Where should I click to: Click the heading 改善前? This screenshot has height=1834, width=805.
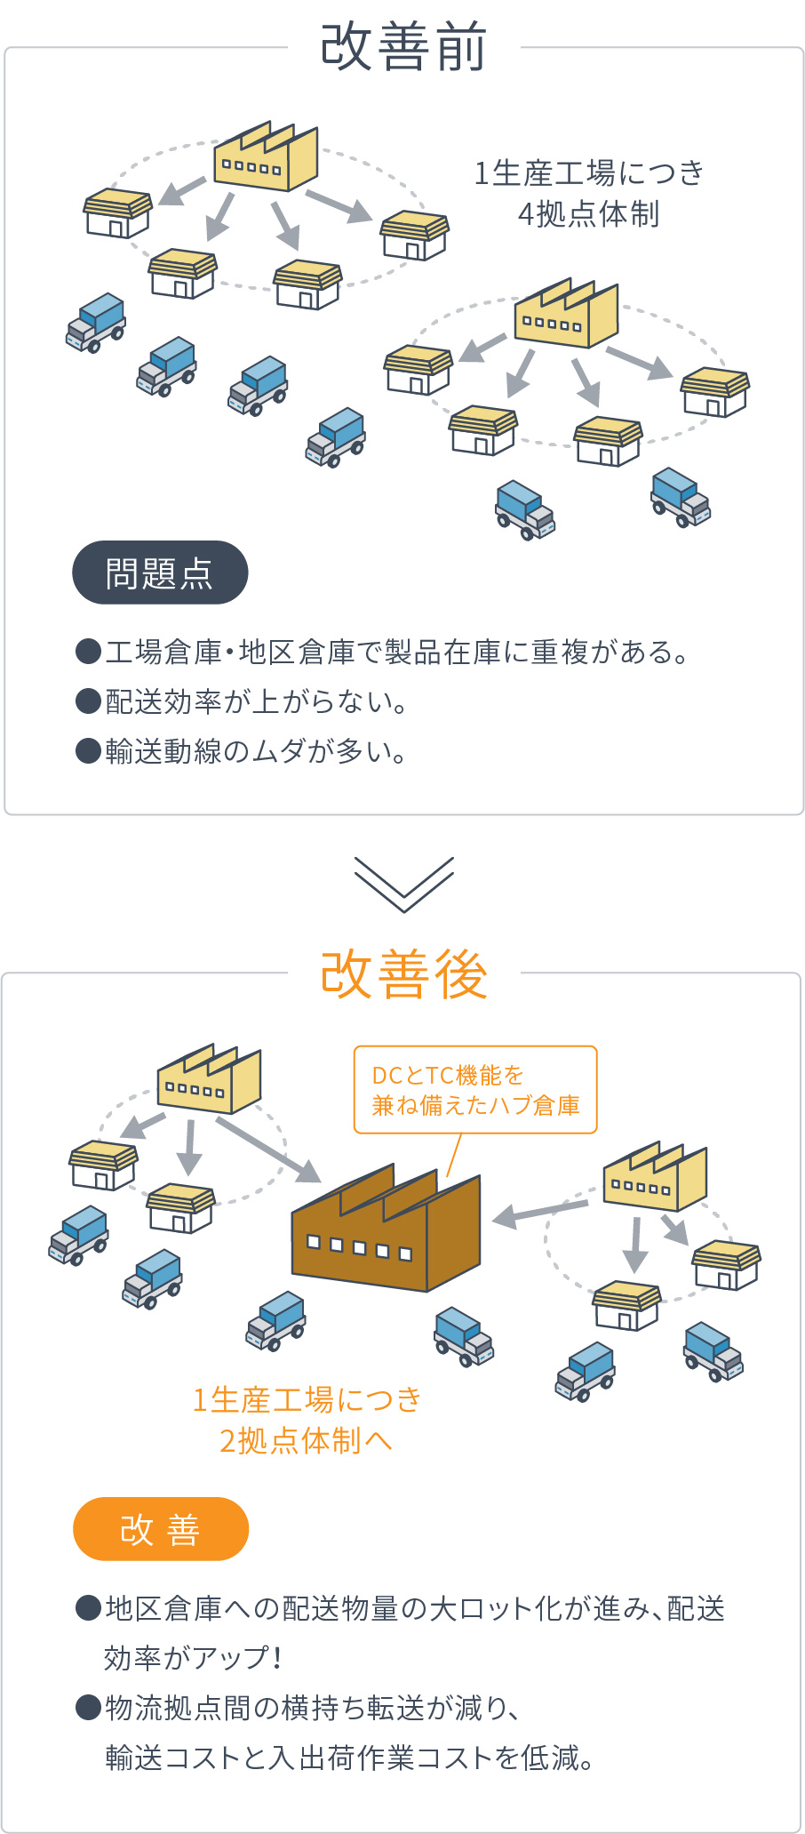(403, 47)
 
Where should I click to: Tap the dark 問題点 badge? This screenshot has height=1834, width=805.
(160, 573)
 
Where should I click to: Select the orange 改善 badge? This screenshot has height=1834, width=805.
(161, 1529)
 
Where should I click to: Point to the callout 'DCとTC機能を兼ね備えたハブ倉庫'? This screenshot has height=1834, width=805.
(475, 1090)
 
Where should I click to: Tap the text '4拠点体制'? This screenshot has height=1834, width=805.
(588, 214)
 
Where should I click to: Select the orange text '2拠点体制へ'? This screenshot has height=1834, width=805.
(306, 1440)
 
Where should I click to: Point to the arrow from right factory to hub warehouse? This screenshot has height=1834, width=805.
(540, 1213)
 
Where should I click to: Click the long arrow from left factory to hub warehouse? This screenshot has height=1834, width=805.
(268, 1149)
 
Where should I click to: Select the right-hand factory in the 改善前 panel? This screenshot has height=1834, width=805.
(566, 315)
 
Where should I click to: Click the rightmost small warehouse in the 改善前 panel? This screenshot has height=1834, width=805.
(715, 392)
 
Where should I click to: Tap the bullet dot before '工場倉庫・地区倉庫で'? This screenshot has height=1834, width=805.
(88, 652)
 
